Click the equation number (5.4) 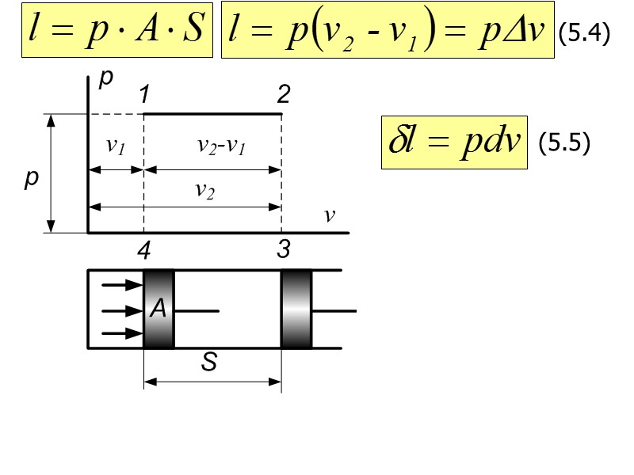pos(583,35)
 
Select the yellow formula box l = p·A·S pos(116,32)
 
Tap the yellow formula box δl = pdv pos(454,142)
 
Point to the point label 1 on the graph pos(144,96)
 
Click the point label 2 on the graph pos(283,96)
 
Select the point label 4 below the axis pos(143,251)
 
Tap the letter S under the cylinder pos(210,363)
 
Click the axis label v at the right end pos(330,215)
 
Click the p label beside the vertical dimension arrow pos(31,180)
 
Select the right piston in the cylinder pos(297,310)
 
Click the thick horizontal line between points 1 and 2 pos(212,114)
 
